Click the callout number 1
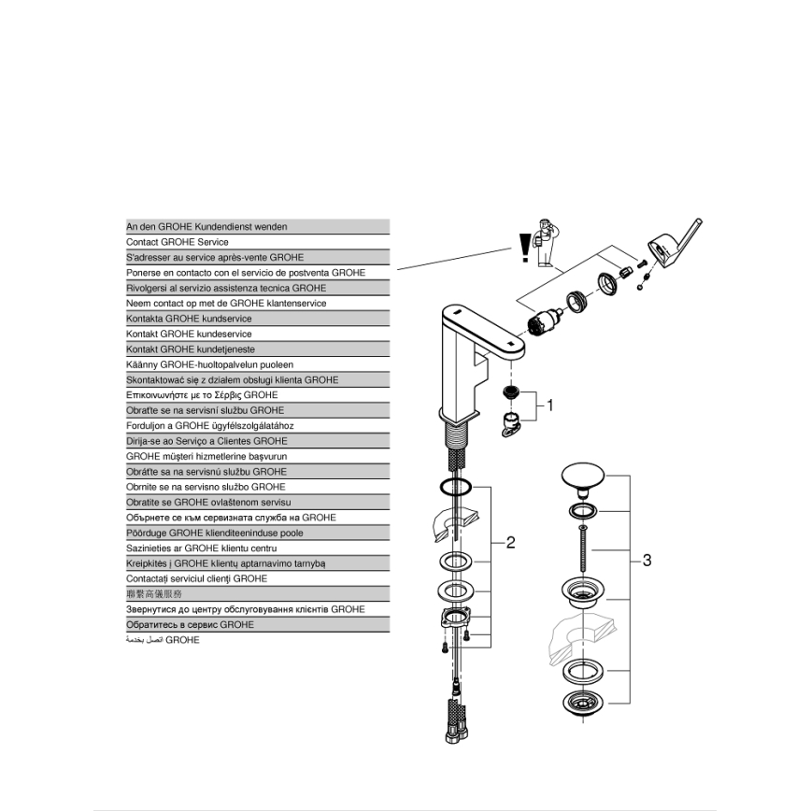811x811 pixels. point(550,405)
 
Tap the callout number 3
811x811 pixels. point(647,561)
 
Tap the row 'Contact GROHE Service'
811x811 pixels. point(257,242)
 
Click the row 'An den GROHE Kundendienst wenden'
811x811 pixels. point(257,227)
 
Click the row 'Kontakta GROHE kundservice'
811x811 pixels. point(257,319)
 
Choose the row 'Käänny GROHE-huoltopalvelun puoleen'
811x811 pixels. point(257,364)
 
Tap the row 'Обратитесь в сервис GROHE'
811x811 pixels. point(257,624)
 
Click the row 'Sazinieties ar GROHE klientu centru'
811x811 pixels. point(257,548)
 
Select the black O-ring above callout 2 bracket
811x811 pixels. point(455,486)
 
